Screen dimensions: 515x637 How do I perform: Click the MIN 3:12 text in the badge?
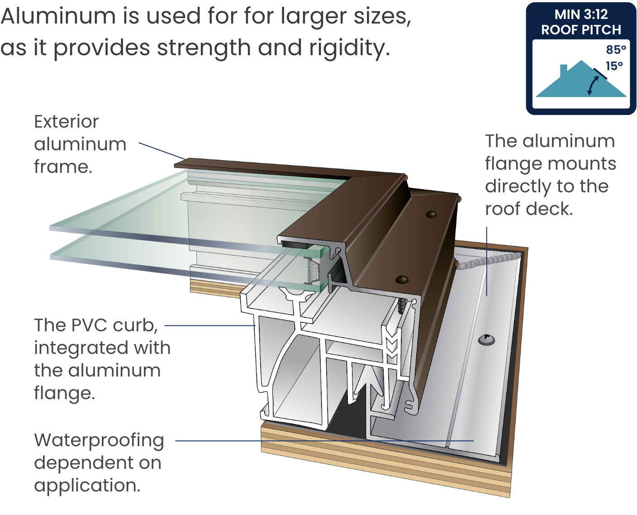pos(581,14)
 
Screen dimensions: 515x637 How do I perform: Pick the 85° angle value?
pos(616,49)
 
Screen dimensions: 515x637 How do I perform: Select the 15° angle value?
pos(614,66)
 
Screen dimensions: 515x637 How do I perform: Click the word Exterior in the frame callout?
pos(66,121)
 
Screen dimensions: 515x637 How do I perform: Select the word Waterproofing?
pos(99,440)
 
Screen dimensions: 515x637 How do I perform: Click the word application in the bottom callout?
pos(87,486)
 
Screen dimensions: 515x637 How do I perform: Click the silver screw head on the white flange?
pos(486,339)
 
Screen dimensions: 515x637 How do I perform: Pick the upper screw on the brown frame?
pos(431,214)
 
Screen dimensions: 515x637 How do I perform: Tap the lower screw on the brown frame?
pos(401,280)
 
